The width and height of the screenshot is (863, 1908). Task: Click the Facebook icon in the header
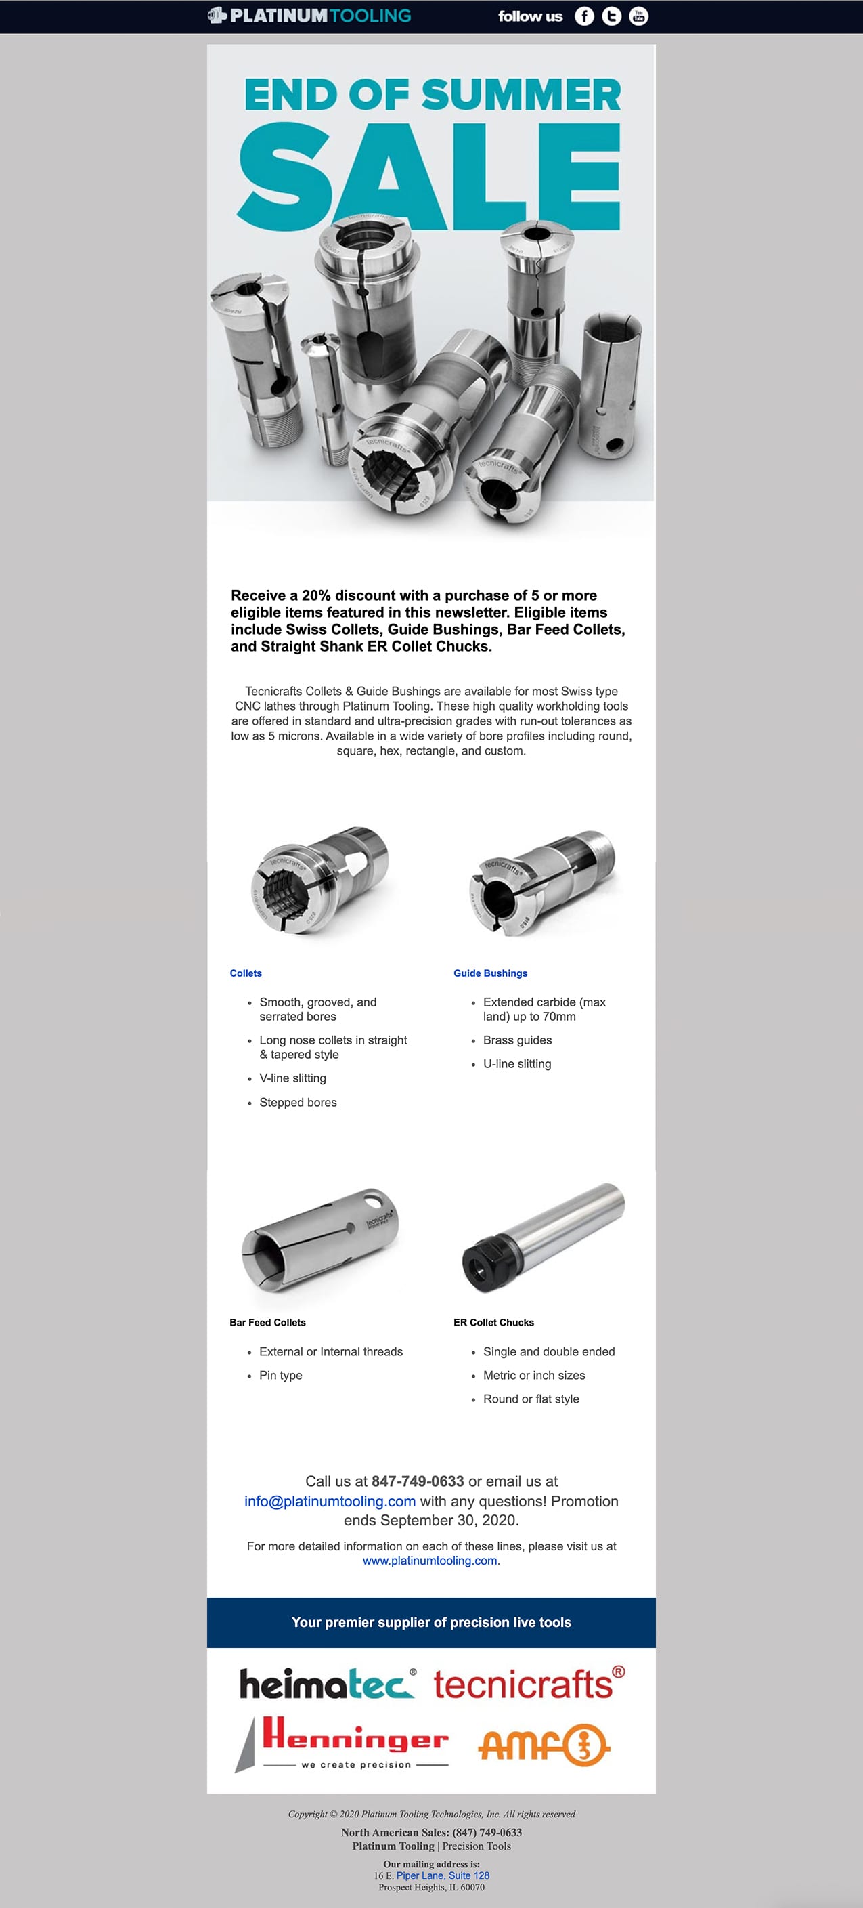point(584,16)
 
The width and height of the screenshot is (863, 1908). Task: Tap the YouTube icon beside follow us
point(638,16)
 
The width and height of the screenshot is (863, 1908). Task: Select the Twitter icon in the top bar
point(611,16)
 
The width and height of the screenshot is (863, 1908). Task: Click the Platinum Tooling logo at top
point(309,16)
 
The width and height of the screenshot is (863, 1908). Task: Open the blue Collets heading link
point(246,973)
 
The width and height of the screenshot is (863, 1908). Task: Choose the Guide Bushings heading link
point(490,973)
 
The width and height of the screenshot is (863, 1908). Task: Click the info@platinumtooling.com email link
point(330,1502)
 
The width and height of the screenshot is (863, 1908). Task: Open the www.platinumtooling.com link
point(430,1561)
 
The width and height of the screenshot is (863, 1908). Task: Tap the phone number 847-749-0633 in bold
point(418,1481)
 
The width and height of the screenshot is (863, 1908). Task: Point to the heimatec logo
point(326,1684)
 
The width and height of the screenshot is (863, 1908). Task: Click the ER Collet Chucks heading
point(493,1322)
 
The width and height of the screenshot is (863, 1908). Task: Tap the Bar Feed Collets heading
point(267,1322)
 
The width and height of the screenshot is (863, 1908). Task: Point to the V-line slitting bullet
point(292,1078)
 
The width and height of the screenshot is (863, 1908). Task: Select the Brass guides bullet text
point(517,1040)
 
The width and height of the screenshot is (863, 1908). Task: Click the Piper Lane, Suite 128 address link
point(443,1875)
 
